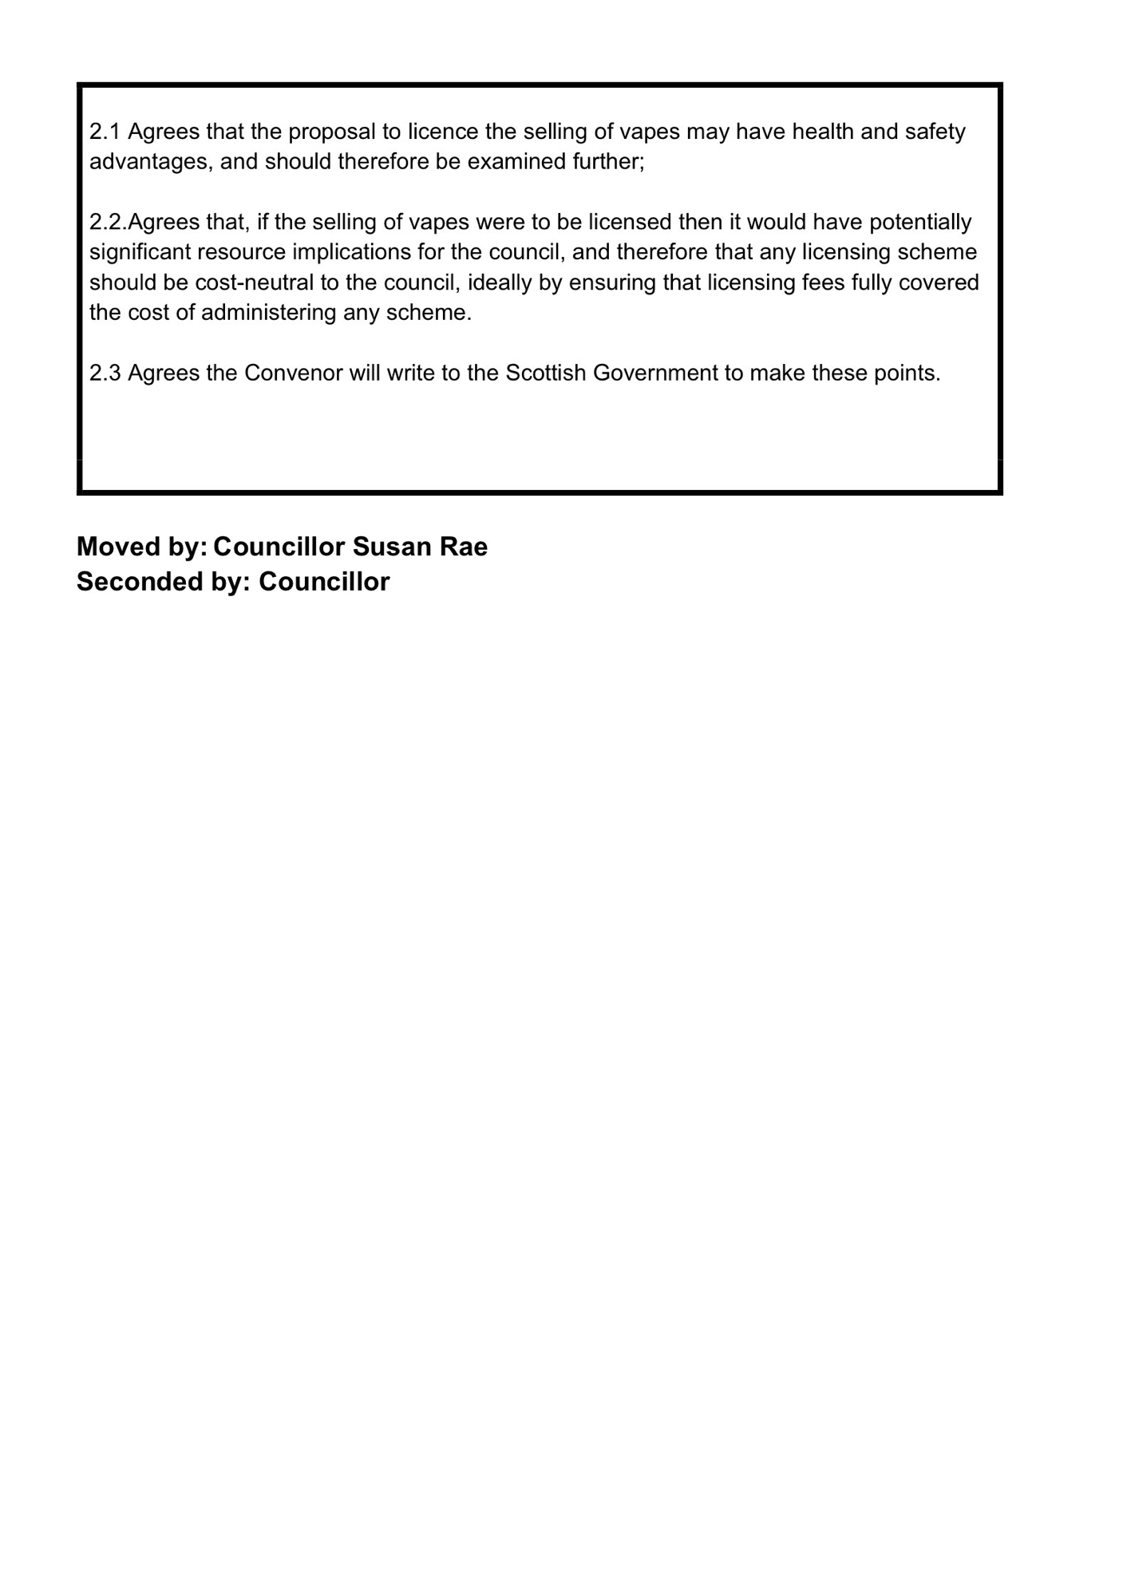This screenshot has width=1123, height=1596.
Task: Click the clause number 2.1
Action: (x=105, y=132)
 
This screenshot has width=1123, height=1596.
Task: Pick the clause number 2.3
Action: (x=105, y=373)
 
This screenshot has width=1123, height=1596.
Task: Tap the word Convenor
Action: (x=293, y=373)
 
